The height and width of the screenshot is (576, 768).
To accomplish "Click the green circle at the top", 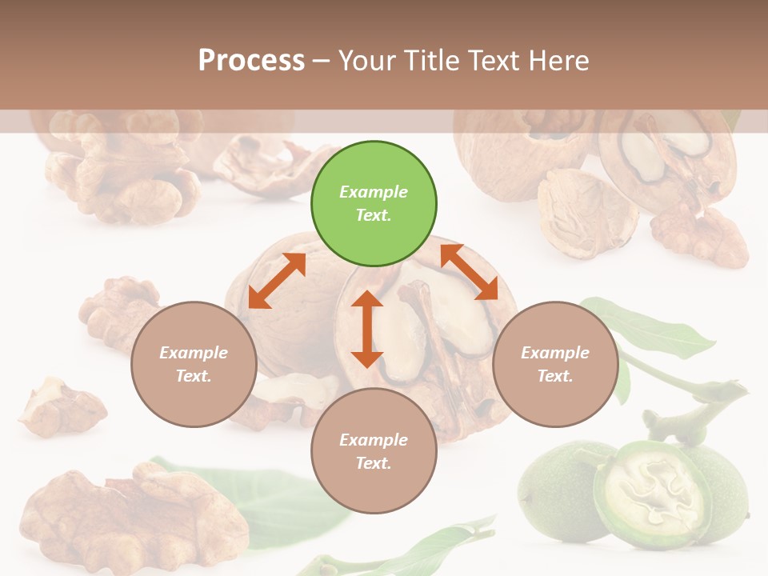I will click(x=374, y=204).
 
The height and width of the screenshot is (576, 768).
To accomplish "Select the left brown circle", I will click(x=194, y=364).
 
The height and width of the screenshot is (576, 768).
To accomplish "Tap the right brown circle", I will click(x=555, y=364).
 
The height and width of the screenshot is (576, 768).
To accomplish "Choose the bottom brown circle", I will click(x=374, y=451).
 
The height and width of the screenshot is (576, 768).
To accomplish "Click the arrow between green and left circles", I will click(x=277, y=281).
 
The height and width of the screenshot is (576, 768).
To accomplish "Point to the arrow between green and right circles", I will click(x=469, y=272).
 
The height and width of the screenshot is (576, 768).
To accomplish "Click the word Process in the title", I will click(x=251, y=61).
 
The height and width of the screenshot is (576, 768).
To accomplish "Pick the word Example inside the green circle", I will click(x=374, y=192).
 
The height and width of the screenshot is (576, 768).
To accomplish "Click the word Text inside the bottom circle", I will click(x=374, y=463).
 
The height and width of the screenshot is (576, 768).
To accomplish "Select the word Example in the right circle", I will click(x=555, y=353).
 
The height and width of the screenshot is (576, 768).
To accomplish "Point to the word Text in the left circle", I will click(x=194, y=376).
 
